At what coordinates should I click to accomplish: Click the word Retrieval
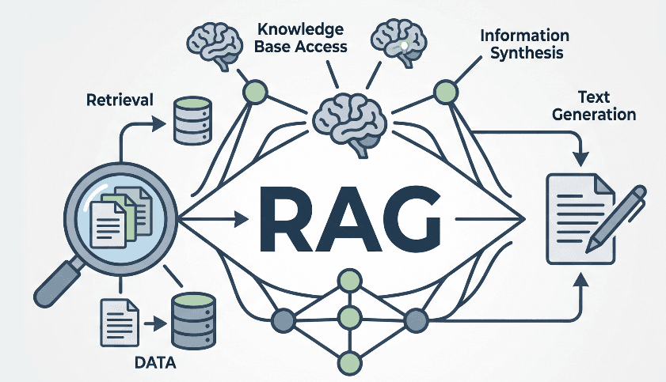[x=120, y=100]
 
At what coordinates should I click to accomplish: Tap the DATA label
[x=155, y=363]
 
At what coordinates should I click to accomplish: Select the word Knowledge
[x=301, y=29]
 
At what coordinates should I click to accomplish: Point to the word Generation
[x=594, y=115]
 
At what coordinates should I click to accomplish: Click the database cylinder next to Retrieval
[x=192, y=120]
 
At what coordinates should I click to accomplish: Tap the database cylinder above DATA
[x=193, y=320]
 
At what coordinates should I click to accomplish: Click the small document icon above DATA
[x=120, y=323]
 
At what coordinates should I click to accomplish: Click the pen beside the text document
[x=615, y=219]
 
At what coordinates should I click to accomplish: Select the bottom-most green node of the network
[x=349, y=363]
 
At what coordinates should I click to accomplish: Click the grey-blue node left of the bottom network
[x=283, y=320]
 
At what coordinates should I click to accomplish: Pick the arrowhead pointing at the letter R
[x=242, y=220]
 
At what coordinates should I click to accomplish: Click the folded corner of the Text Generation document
[x=604, y=184]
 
